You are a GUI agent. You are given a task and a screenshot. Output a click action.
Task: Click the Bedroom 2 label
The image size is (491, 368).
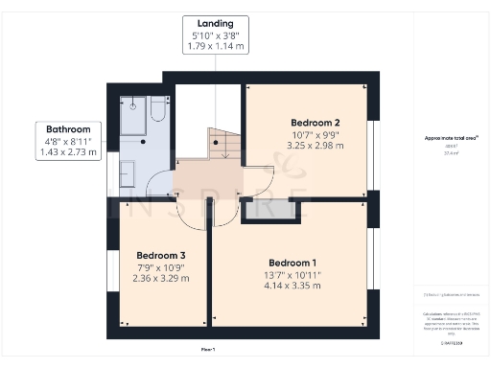(x=316, y=123)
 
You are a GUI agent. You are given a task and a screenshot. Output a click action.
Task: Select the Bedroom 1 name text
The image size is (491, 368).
(x=292, y=263)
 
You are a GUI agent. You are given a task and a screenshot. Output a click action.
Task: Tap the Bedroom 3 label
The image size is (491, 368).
(x=160, y=255)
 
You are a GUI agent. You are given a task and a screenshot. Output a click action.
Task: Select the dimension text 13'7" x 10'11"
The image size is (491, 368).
(x=292, y=274)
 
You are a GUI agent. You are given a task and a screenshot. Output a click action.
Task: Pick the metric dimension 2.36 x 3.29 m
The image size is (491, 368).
(x=160, y=278)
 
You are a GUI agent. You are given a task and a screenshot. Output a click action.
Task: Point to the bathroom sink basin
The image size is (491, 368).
(x=127, y=173)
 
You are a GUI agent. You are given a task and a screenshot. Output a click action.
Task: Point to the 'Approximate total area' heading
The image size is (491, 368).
(x=444, y=138)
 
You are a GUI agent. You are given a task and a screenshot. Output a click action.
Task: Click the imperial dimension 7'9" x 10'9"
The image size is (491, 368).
(x=160, y=266)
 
